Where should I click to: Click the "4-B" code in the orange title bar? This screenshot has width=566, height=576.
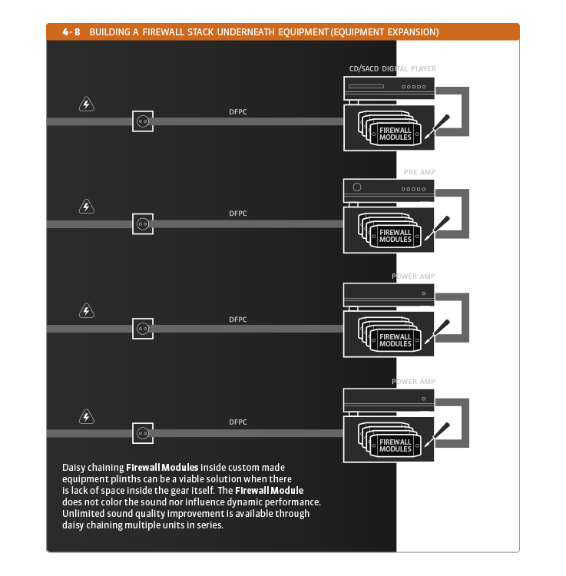coord(71,32)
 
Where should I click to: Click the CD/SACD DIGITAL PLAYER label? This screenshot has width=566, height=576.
coord(392,69)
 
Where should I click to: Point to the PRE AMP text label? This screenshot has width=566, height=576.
coord(419,173)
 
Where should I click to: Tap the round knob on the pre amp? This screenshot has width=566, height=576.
coord(356,187)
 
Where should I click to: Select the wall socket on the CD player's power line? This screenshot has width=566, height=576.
coord(142,121)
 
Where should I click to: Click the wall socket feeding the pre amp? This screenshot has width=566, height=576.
coord(142,223)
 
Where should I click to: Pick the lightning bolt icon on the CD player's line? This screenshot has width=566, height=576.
coord(87,104)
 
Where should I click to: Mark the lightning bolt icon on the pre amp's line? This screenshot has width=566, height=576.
coord(87,207)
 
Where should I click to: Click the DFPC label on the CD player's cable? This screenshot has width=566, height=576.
coord(238,112)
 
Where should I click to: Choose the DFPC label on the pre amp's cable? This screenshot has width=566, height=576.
coord(238,214)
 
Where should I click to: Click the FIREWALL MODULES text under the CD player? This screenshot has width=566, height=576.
coord(396,134)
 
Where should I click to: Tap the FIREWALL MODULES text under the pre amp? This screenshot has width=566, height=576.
coord(396,236)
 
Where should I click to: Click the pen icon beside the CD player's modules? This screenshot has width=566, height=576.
coord(441,124)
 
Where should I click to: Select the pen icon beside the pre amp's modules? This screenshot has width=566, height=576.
coord(441,226)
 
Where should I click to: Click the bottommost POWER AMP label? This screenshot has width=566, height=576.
coord(414,382)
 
